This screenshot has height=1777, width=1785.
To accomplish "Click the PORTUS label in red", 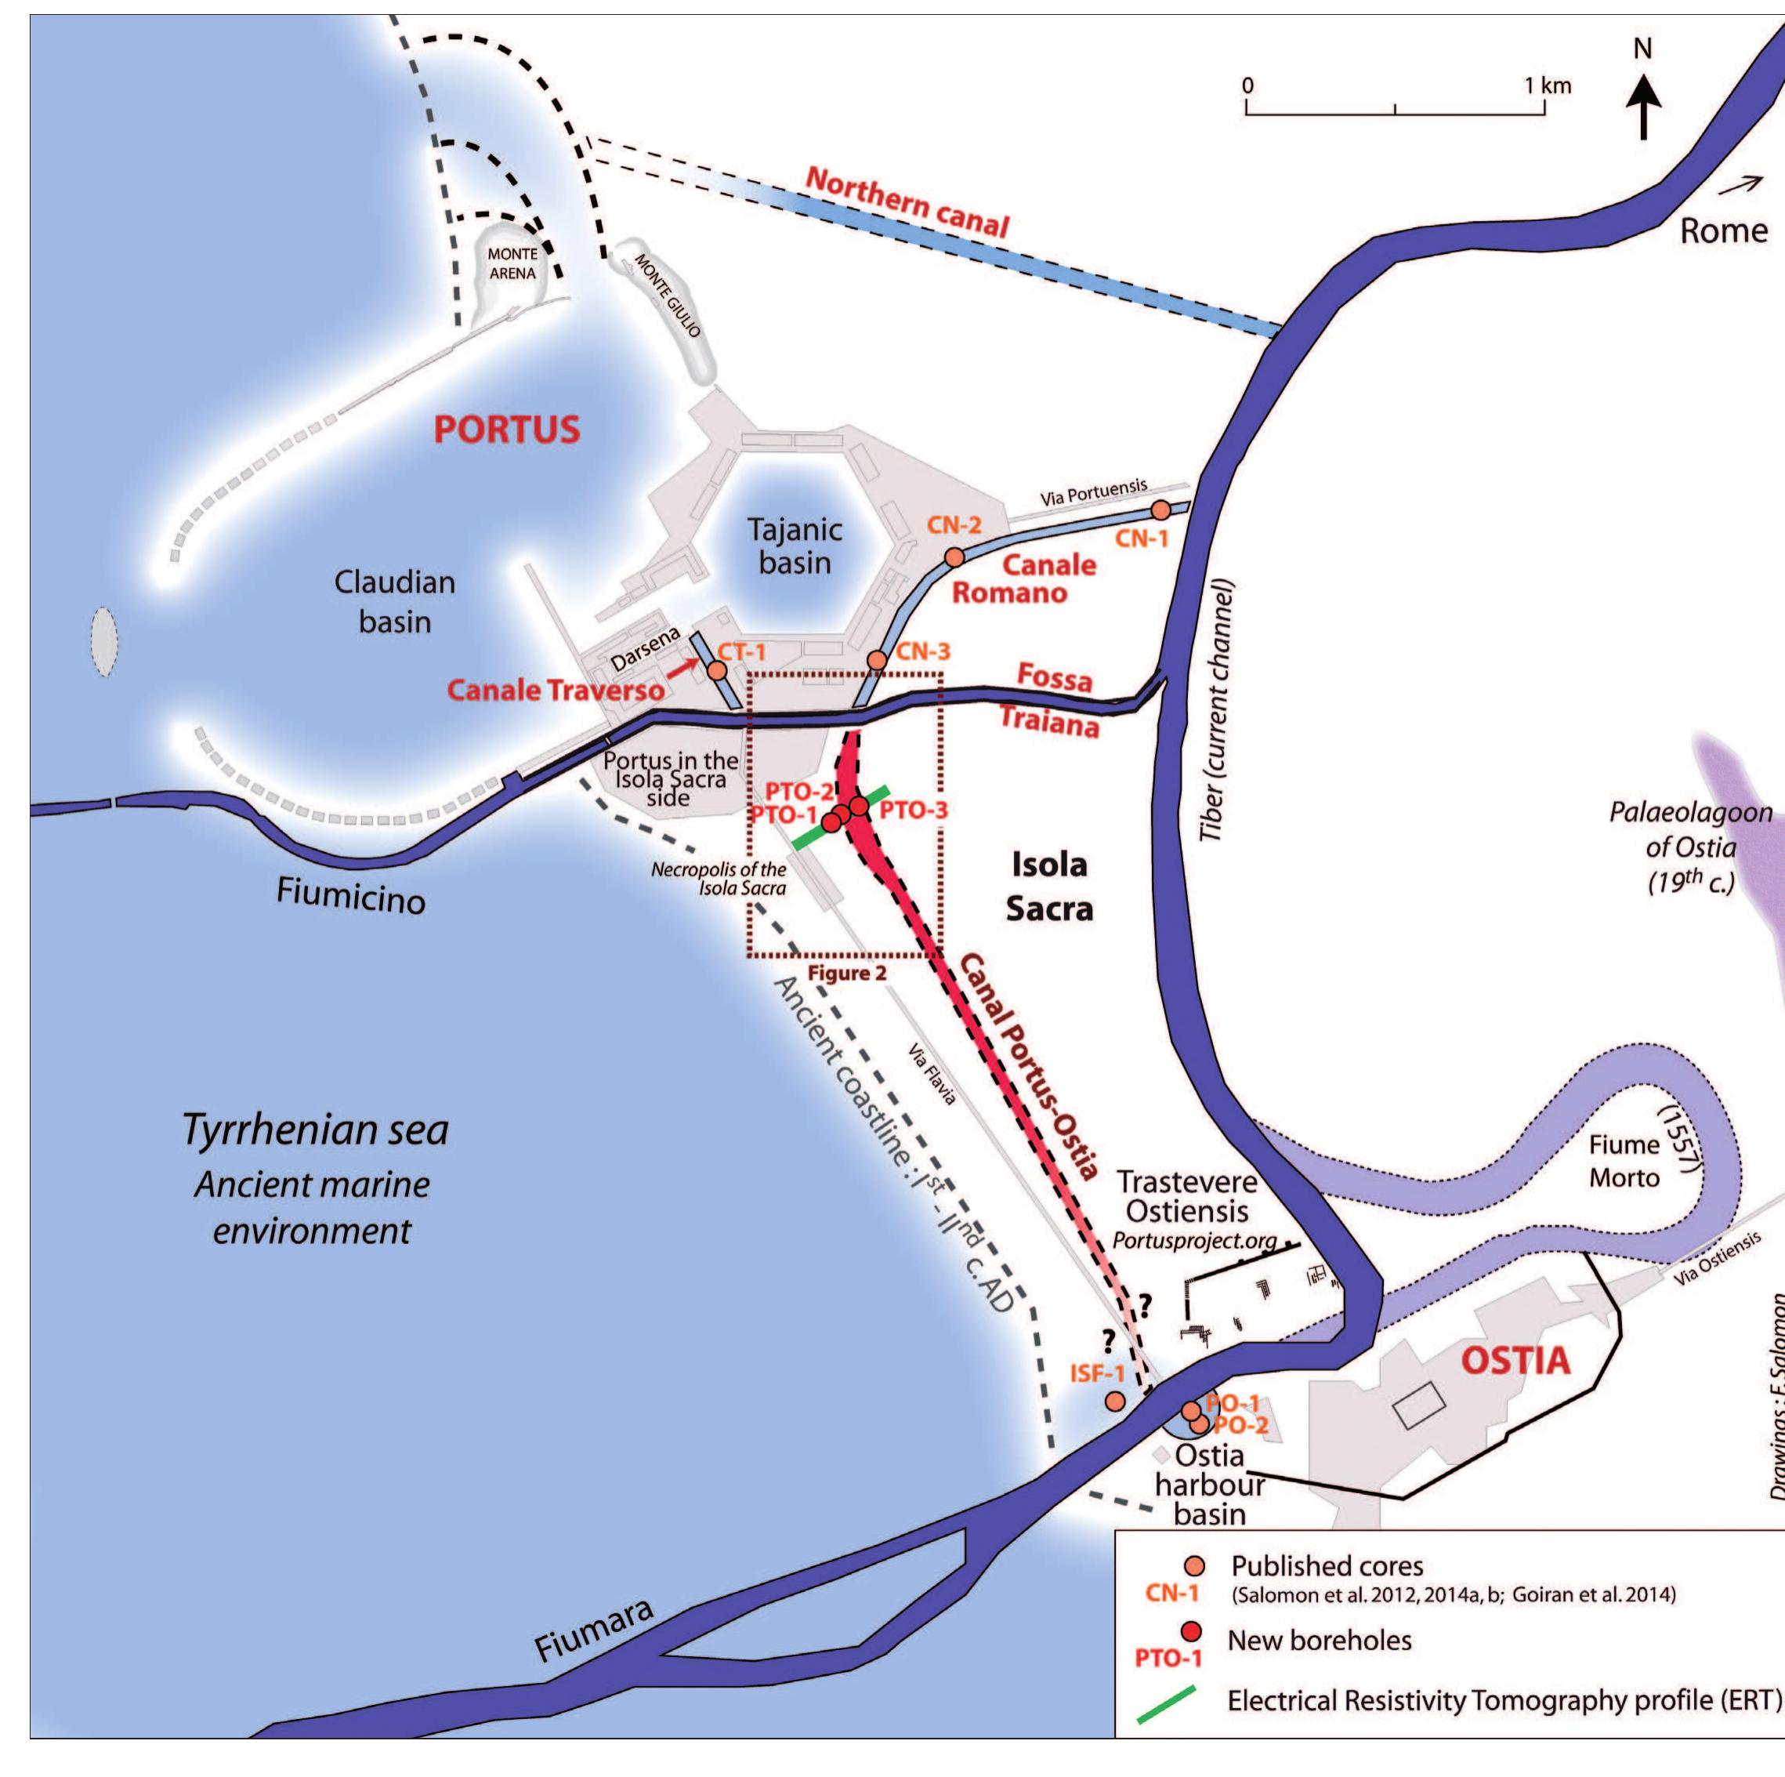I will (507, 430).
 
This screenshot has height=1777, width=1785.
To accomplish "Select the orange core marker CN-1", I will (1160, 510).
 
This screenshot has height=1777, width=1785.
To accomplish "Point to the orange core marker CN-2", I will (954, 557).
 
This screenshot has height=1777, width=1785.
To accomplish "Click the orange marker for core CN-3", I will (878, 661).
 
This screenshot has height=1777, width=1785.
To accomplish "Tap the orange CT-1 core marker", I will (716, 670).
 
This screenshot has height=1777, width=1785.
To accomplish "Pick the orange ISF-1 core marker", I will (1115, 1401).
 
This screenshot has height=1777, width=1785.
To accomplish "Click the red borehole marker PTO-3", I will (860, 806).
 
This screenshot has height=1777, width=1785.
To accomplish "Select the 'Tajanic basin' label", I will (795, 546).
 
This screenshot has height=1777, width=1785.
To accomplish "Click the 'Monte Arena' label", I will (512, 263).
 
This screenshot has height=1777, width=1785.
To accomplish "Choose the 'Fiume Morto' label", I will (1624, 1162).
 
